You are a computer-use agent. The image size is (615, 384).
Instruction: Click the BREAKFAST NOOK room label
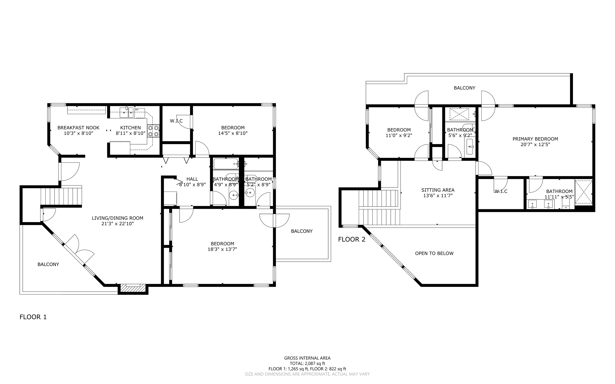click(78, 128)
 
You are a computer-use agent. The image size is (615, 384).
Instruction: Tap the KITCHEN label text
click(130, 128)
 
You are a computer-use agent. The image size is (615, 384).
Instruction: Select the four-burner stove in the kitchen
click(153, 131)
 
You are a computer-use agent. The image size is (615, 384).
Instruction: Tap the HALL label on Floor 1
click(192, 179)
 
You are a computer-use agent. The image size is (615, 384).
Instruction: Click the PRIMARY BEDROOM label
click(535, 139)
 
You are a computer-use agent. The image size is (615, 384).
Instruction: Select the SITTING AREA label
click(438, 190)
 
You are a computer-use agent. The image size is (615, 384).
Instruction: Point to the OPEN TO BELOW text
click(434, 253)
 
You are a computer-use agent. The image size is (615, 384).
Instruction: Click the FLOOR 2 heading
click(352, 239)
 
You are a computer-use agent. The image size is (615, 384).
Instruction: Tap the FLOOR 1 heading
click(33, 317)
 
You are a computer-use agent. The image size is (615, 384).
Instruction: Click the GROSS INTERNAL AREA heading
click(307, 358)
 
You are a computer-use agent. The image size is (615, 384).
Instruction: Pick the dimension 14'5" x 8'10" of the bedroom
click(233, 133)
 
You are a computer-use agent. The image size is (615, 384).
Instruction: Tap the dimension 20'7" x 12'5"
click(535, 144)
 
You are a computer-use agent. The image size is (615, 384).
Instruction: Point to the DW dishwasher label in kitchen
click(137, 110)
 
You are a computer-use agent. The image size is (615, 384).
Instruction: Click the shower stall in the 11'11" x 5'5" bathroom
click(583, 192)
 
